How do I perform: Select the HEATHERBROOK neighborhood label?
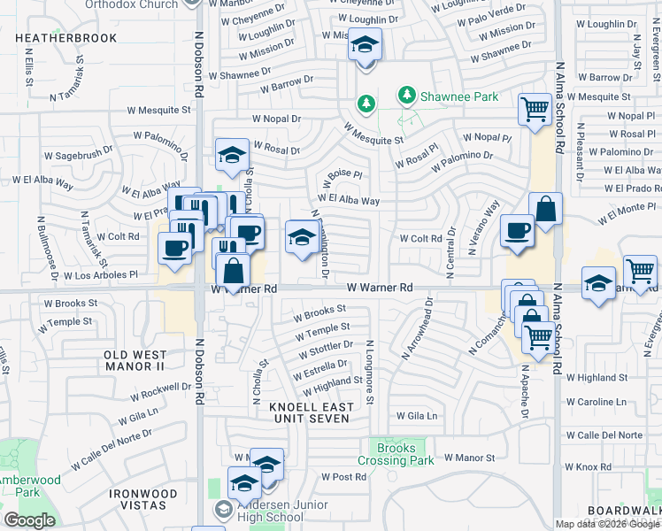point(66,39)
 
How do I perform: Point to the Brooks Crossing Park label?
point(396,454)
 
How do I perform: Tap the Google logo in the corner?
point(29,520)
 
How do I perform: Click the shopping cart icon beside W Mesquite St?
point(535,111)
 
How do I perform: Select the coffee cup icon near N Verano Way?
point(516,231)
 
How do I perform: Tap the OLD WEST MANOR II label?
point(135,359)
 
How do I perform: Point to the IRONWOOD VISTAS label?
point(137,499)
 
